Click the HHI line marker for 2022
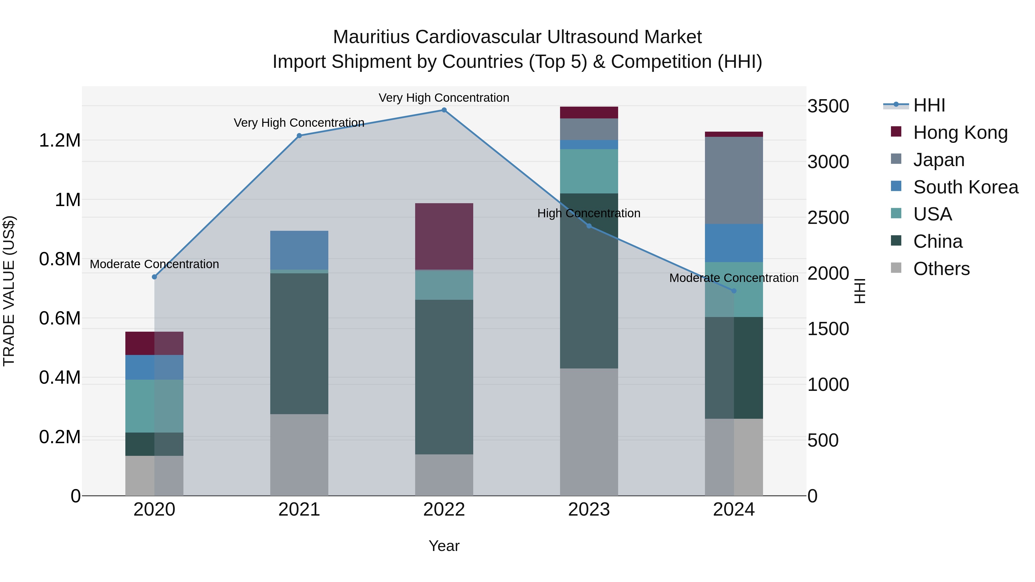point(444,110)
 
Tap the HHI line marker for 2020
point(154,277)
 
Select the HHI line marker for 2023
point(589,226)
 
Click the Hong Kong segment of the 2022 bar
point(444,236)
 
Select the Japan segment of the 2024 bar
point(734,180)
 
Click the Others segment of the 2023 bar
point(589,432)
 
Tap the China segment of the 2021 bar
point(299,343)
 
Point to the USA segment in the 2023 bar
point(589,171)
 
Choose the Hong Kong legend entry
point(960,132)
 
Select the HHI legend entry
point(929,105)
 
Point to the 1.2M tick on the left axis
point(60,141)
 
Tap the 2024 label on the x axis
point(734,510)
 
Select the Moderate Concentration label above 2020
point(154,264)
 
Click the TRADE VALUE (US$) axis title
point(9,291)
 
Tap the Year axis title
point(444,546)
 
